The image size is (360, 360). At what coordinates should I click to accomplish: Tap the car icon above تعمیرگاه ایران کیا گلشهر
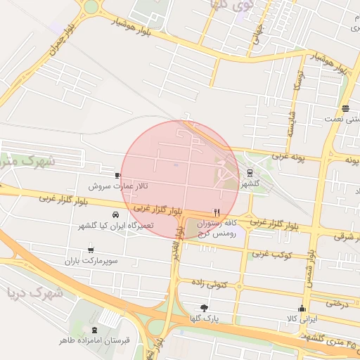pyautogui.click(x=115, y=214)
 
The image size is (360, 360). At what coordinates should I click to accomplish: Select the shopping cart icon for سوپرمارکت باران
pyautogui.click(x=91, y=250)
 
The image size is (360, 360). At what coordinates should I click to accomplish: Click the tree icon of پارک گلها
pyautogui.click(x=205, y=308)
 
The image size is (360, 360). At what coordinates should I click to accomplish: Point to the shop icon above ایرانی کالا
pyautogui.click(x=302, y=308)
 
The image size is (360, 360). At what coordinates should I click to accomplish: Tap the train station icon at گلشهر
pyautogui.click(x=250, y=173)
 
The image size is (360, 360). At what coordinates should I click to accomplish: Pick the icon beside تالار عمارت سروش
pyautogui.click(x=117, y=175)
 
